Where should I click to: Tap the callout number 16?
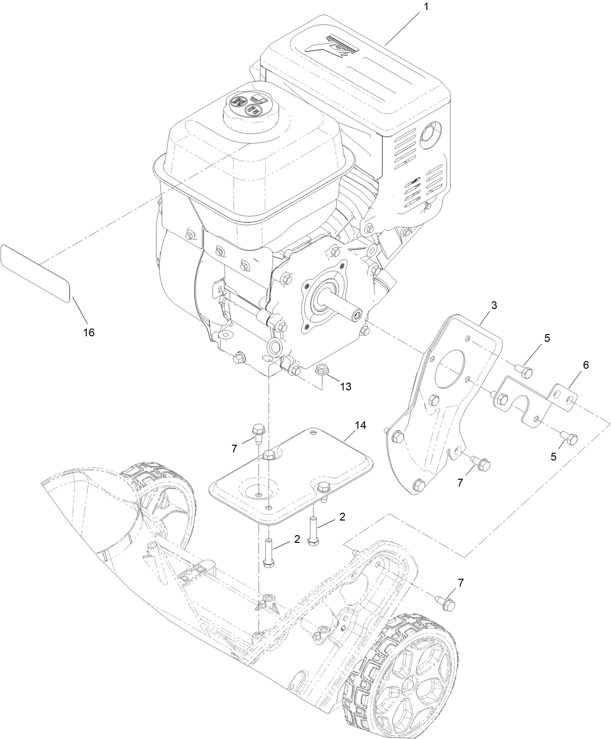click(x=89, y=332)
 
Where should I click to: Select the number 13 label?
click(x=345, y=386)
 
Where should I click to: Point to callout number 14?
click(x=360, y=425)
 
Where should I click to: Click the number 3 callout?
click(x=493, y=305)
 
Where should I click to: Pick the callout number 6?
click(x=585, y=365)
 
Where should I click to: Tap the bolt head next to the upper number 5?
click(x=526, y=372)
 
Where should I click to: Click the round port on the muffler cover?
click(x=430, y=133)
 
